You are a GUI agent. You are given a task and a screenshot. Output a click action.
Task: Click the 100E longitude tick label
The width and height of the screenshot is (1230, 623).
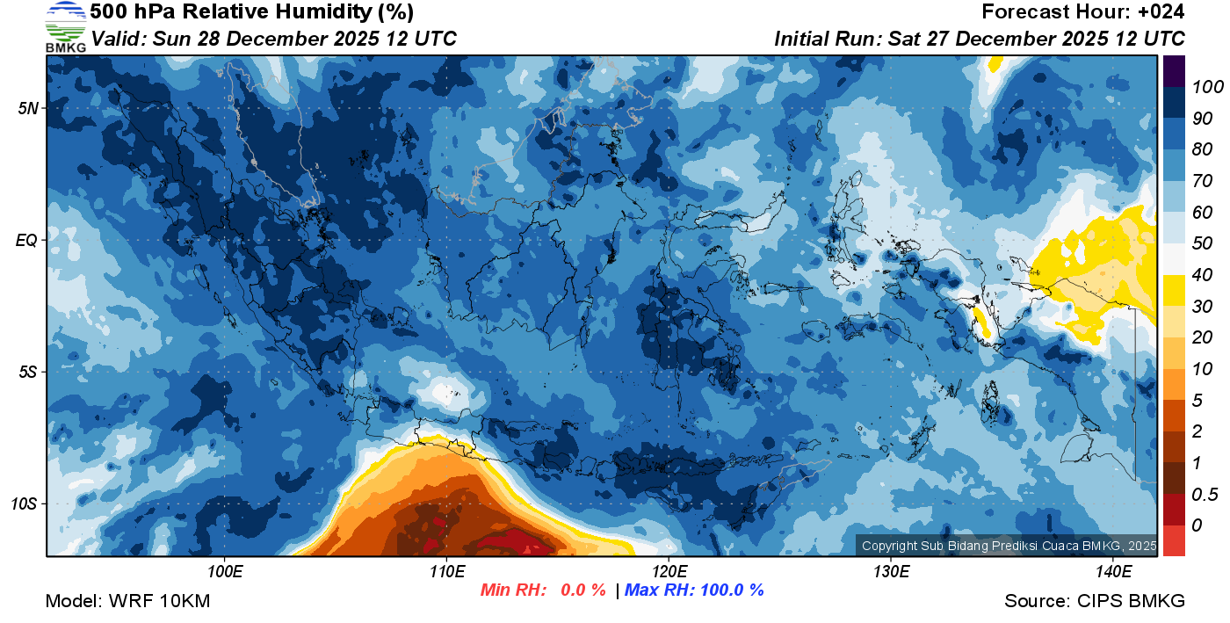point(225,572)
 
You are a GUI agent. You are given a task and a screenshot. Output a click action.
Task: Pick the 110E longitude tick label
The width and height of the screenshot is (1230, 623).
point(446,572)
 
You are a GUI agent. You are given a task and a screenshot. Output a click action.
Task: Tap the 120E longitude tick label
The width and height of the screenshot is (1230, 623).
point(669,572)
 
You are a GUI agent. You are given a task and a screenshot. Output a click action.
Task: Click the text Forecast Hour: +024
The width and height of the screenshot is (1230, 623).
point(1083,12)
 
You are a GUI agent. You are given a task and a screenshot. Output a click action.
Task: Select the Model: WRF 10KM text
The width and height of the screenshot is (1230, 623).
point(127,602)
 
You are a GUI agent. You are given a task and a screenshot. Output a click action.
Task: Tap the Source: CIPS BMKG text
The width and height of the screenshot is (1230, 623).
point(1095,602)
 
